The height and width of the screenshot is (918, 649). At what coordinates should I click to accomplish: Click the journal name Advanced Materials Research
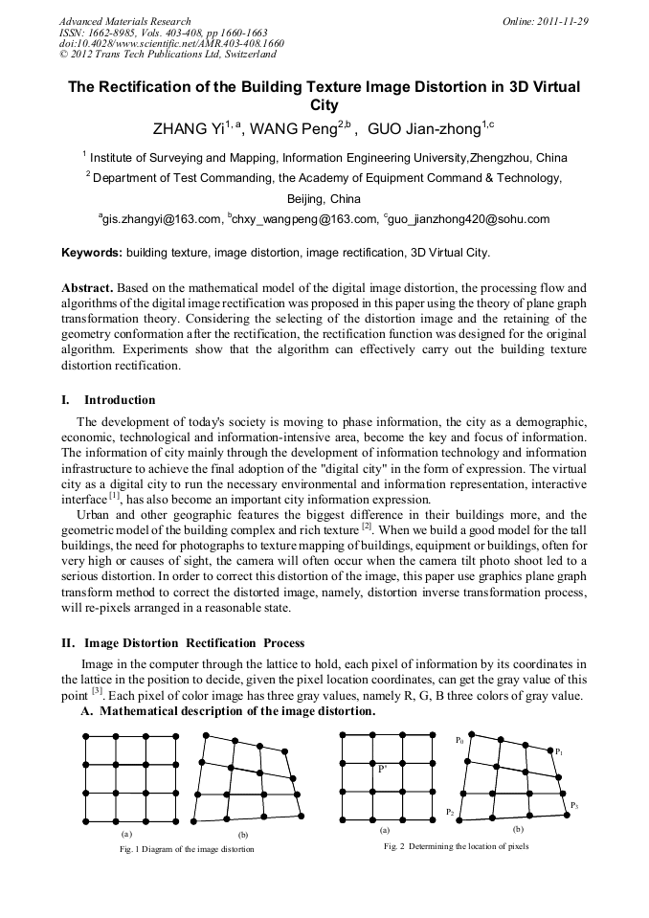[x=124, y=21]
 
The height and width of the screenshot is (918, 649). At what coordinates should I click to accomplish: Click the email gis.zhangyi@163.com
[x=161, y=219]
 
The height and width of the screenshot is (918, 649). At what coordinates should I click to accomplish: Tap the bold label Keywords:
[x=92, y=253]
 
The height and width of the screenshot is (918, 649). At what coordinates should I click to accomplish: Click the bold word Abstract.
[x=87, y=287]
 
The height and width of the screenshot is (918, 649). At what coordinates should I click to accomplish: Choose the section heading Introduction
[x=120, y=399]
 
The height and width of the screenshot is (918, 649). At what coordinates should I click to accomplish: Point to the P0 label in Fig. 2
[x=460, y=740]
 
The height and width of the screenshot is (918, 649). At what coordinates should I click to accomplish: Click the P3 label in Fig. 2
[x=574, y=805]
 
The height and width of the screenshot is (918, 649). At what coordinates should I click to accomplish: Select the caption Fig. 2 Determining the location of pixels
[x=456, y=846]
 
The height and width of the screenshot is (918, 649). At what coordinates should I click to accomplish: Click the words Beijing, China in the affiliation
[x=324, y=199]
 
